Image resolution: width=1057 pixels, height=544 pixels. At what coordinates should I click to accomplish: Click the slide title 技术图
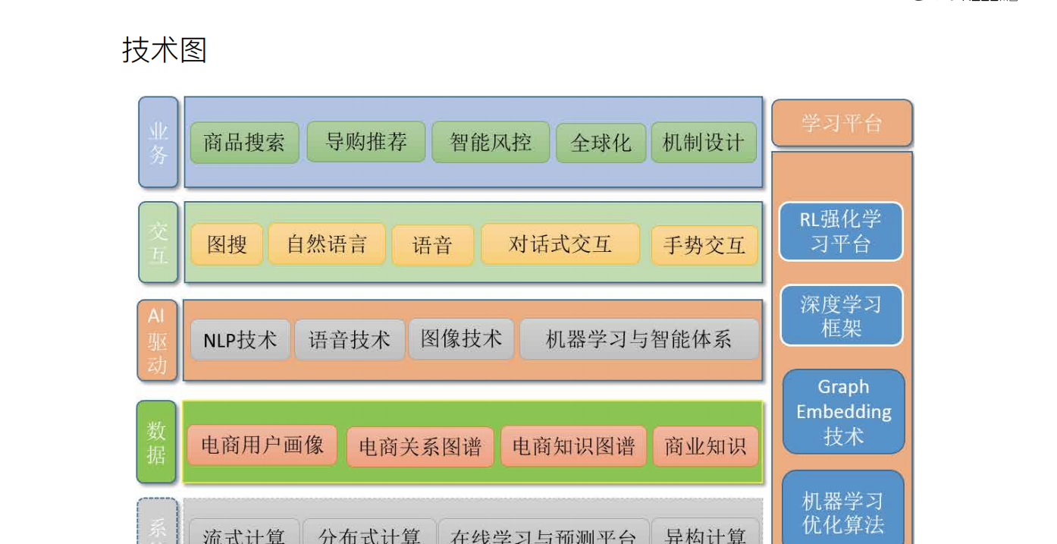pos(165,50)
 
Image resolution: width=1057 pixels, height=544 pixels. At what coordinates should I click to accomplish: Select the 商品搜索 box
pos(244,143)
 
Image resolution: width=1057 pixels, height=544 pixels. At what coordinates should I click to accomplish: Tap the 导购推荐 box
pos(366,141)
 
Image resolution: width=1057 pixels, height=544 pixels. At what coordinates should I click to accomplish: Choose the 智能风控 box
pos(491,142)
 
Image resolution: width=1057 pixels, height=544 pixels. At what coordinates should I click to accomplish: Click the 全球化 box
pos(601,143)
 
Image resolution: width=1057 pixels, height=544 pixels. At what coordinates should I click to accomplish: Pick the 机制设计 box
pos(704,143)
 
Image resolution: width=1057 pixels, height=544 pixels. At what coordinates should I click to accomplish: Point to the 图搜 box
pos(227,244)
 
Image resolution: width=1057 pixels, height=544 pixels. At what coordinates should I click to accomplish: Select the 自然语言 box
pos(327,244)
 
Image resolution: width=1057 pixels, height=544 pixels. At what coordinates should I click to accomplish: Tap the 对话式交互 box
pos(560,244)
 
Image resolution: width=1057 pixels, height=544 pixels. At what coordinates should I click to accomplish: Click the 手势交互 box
pos(704,245)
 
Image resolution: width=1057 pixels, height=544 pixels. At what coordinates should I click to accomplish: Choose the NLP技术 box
pos(240,339)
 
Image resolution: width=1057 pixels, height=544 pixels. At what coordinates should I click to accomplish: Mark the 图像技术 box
pos(461,338)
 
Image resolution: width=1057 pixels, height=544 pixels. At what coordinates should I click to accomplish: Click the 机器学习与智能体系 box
pos(639,339)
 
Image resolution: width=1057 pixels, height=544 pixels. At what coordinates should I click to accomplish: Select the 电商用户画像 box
pos(262,445)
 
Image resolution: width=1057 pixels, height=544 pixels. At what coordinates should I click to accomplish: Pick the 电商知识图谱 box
pos(573,446)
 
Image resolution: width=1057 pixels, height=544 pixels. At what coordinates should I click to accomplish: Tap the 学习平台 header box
pos(842,123)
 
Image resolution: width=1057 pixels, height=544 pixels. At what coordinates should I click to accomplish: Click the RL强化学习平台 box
pos(841,231)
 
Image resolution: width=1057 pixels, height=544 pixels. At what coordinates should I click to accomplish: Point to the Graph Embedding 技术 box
pos(843,411)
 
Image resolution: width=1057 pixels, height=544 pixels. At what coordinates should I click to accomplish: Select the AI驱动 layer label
pos(157,341)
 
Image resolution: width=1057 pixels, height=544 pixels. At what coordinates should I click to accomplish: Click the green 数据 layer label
pos(156,442)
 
